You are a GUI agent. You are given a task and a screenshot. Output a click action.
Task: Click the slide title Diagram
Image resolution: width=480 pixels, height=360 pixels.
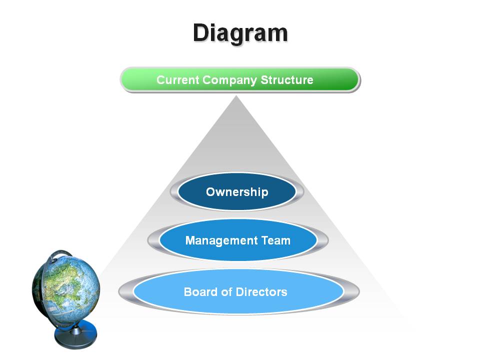240,33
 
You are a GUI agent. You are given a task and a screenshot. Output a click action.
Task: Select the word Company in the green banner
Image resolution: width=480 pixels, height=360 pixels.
229,80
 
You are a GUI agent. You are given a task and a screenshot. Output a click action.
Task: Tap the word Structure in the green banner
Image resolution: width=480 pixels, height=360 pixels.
287,80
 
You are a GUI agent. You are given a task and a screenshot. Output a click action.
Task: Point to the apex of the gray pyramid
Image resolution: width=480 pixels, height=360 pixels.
236,96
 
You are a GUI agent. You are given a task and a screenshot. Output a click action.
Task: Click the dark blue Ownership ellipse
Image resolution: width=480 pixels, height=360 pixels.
236,191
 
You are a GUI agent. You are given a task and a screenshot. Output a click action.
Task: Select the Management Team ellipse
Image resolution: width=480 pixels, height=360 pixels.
238,240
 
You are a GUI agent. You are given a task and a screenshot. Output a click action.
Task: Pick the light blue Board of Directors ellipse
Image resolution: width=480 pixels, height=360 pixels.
238,291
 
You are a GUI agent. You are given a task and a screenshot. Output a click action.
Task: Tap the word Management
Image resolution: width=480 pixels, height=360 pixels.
221,241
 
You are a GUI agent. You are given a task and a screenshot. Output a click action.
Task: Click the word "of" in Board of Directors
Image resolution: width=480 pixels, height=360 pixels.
226,291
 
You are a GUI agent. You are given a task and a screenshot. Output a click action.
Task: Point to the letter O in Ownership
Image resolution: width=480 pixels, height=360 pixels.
211,192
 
